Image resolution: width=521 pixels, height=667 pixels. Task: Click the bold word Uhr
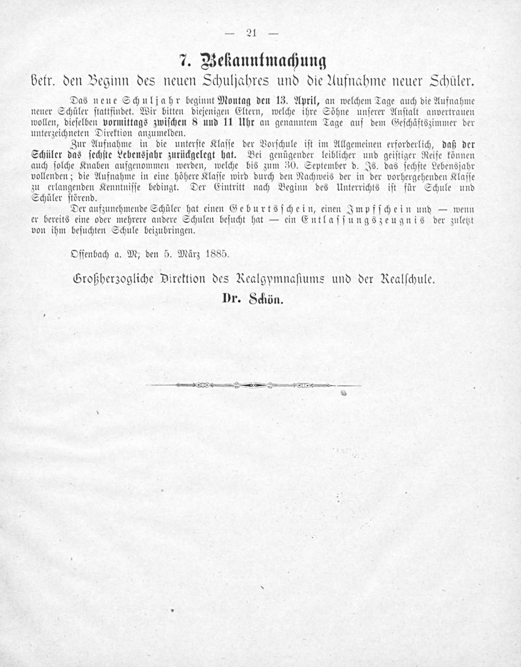coord(246,123)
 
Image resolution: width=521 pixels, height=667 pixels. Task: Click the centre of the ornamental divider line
coord(253,386)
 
